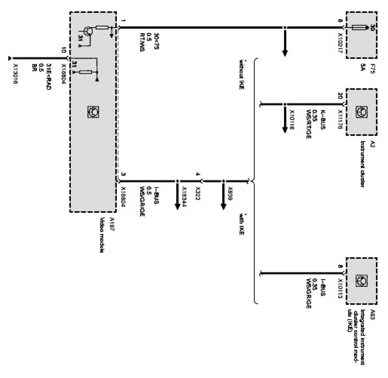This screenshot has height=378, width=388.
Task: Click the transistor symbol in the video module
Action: pos(88,31)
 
